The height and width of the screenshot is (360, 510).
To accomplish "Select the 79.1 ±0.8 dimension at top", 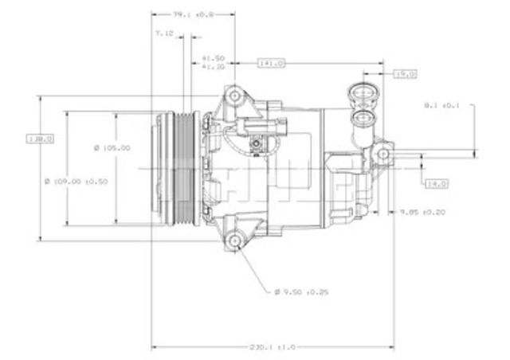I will [194, 14].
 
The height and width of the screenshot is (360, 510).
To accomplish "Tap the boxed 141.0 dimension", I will [271, 62].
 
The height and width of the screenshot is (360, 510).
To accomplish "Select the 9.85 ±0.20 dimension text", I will [422, 212].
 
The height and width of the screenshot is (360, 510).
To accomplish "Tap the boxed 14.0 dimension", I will [437, 183].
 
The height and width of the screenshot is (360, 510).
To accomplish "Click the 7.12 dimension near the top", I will [164, 34].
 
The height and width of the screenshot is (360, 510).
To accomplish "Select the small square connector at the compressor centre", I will [257, 143].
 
